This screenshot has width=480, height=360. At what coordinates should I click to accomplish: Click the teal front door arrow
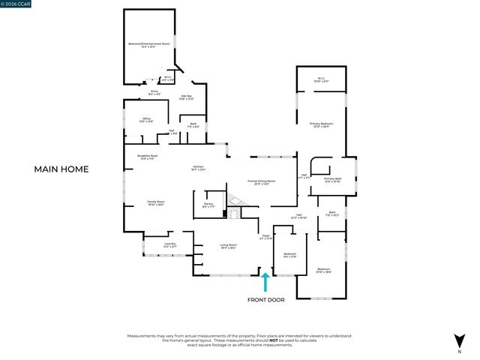265,281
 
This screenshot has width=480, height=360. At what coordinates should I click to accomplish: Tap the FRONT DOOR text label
265,300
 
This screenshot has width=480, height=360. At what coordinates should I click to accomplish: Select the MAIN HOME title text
61,169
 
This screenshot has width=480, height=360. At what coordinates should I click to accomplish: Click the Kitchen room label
199,168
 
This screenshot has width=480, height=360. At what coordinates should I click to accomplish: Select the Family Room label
155,203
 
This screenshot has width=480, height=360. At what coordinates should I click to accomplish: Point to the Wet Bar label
187,97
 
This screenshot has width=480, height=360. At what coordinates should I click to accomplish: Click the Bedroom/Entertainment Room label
150,46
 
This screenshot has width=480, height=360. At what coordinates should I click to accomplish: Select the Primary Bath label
332,180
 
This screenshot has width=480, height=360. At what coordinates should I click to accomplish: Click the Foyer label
265,237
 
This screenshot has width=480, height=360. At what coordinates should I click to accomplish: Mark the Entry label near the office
154,93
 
